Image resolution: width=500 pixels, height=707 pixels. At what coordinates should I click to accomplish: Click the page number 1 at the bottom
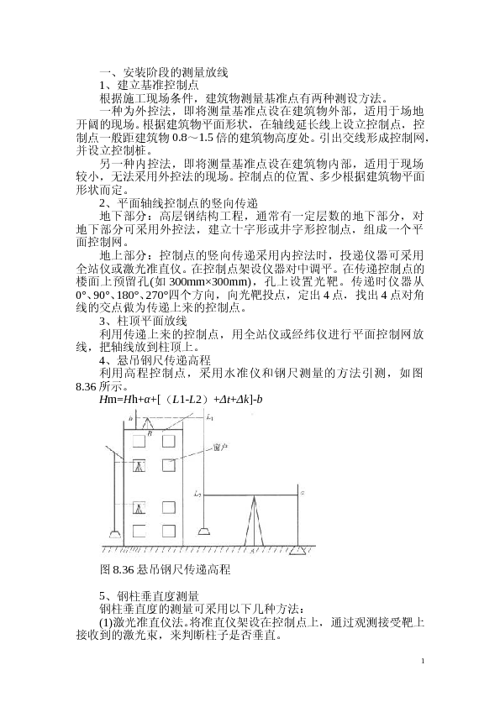point(424,662)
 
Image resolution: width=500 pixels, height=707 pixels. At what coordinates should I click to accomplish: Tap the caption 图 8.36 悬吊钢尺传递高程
point(165,569)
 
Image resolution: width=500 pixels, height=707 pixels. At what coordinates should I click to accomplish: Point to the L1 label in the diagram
point(210,417)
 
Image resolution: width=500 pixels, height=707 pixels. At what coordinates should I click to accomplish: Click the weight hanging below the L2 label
point(204,531)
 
